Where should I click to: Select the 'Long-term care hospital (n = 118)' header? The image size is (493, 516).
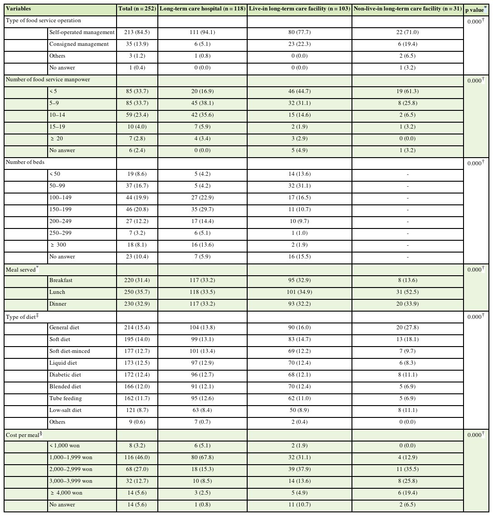pos(202,9)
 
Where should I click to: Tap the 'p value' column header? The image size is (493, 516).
pos(476,9)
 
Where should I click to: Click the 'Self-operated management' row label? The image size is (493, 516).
pos(82,32)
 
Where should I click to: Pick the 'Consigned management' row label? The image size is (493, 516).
pos(79,44)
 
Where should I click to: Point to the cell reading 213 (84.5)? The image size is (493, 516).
pos(137,32)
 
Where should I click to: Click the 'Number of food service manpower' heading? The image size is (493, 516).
pos(48,79)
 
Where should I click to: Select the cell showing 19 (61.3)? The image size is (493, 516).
pos(407,91)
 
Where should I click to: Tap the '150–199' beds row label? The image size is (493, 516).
pos(60,209)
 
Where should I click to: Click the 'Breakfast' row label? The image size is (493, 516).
pos(61,280)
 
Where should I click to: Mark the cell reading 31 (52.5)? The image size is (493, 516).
pos(407,292)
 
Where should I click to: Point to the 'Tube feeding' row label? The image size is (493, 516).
pos(66,398)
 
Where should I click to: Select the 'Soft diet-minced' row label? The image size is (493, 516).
pos(70,351)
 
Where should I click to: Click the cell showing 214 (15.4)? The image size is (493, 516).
pos(137,327)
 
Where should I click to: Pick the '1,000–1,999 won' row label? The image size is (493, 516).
pos(71,457)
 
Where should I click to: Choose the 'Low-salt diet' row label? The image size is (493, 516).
pos(65,410)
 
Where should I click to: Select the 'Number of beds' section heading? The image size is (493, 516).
pos(25,162)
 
